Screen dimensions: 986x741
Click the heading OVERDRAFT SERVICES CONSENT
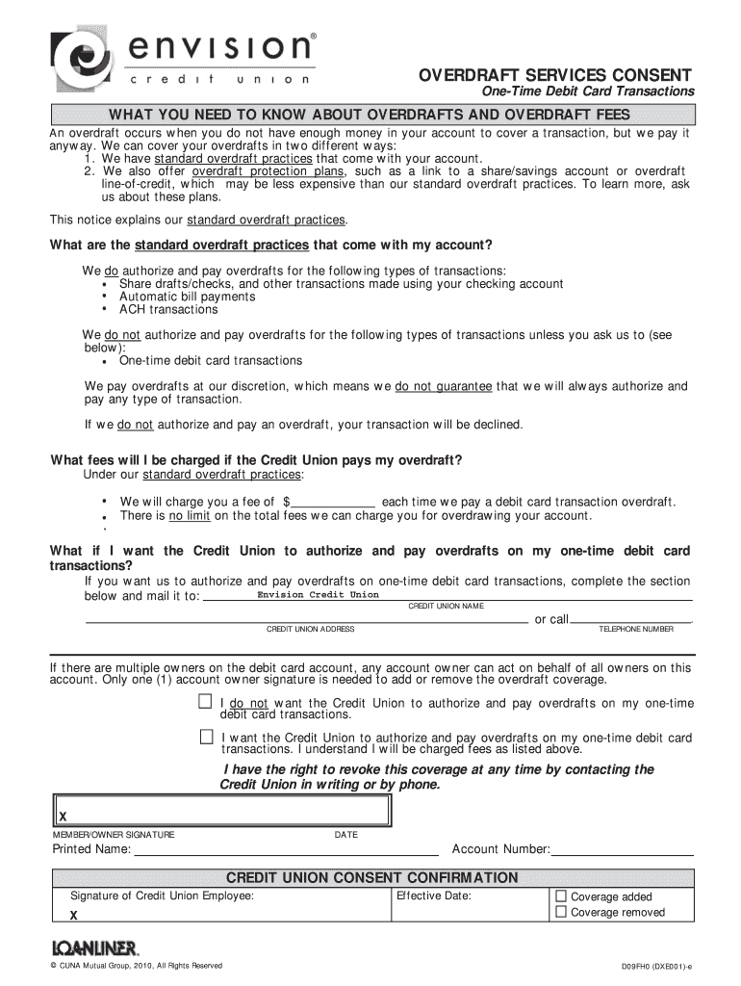553,75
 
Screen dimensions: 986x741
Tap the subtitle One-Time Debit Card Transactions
588,91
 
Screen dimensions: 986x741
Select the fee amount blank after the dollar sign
333,502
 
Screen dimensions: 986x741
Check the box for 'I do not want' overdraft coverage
205,702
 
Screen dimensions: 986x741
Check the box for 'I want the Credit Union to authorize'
205,737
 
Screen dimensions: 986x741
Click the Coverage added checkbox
562,895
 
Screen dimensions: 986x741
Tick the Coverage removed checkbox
562,911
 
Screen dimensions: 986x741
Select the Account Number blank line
622,850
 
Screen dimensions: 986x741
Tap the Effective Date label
433,896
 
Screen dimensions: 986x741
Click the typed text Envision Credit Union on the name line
319,595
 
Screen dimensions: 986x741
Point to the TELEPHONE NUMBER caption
636,629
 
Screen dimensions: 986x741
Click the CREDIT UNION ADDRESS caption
310,629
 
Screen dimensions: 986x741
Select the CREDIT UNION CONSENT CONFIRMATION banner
371,878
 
